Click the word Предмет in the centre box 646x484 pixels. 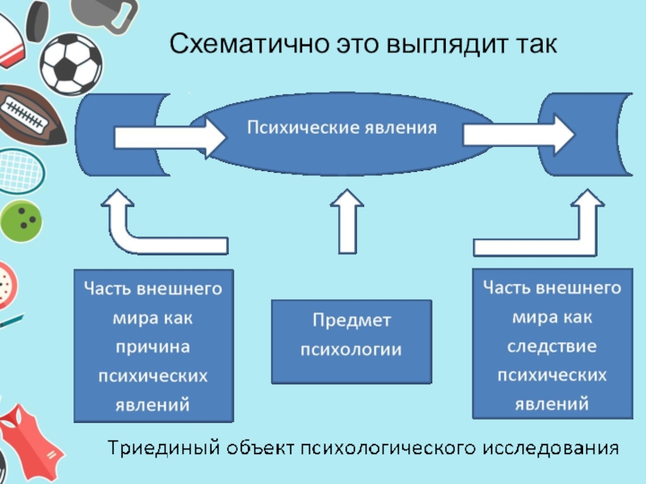click(351, 320)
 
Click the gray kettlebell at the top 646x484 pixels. click(101, 12)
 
